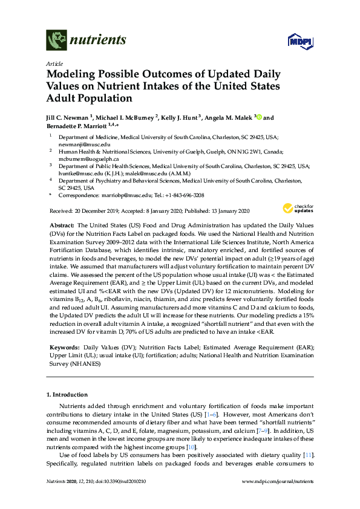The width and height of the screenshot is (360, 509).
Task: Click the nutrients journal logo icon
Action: (x=56, y=40)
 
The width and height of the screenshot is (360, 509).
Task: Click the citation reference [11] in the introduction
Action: (x=307, y=454)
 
